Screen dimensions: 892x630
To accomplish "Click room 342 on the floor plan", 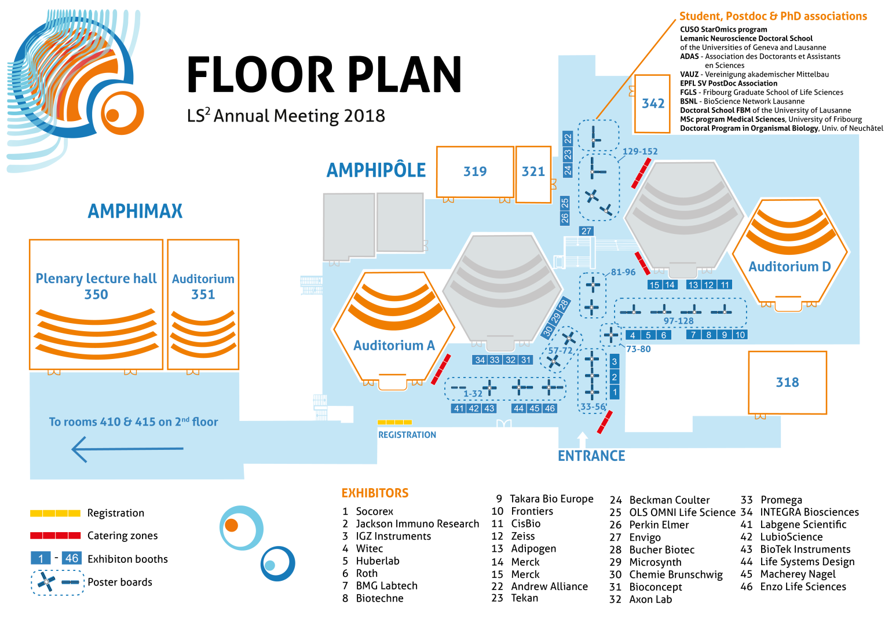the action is coord(652,104).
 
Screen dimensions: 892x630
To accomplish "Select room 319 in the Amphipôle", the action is coord(475,171).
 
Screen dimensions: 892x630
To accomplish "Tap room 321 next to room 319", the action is coord(533,174).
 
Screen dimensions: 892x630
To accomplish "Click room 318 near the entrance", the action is coord(787,382).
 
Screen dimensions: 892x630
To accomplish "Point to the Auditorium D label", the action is coord(789,266).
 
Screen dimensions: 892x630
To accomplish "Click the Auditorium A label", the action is coord(394,345).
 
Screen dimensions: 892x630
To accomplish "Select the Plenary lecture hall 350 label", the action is coord(96,286).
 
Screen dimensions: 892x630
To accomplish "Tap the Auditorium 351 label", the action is coord(203,286).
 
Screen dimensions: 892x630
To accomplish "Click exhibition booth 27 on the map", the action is coord(586,231).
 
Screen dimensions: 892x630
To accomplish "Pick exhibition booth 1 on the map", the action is coord(615,392).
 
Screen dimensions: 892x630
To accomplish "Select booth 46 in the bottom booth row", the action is coord(550,408).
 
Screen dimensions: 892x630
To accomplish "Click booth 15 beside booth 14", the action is coord(655,285).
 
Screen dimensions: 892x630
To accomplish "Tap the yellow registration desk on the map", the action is coord(394,422).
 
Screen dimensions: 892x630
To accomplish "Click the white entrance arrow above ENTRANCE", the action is coord(582,439).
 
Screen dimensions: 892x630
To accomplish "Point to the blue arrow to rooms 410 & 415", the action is coord(127,449).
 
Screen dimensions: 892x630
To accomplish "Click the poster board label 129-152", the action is coord(640,151).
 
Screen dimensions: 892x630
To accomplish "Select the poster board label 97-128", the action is coord(679,321).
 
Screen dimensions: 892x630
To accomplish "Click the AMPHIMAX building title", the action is coord(135,211).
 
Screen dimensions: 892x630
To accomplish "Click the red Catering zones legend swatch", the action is coord(56,535).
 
